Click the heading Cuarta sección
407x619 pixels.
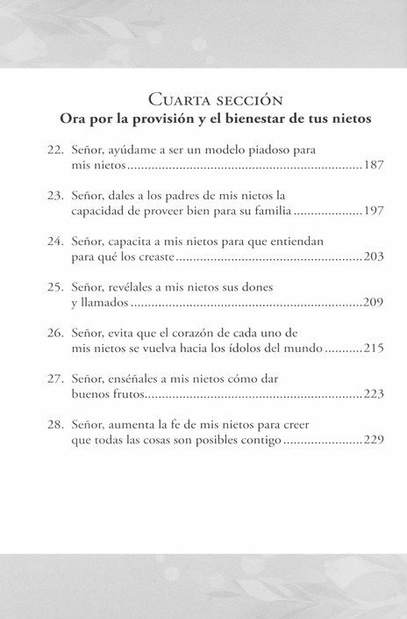point(203,99)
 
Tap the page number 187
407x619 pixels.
point(374,164)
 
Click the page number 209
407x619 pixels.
point(374,303)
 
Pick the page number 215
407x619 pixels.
point(374,349)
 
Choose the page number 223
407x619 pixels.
point(374,392)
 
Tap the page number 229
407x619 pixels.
point(374,440)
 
